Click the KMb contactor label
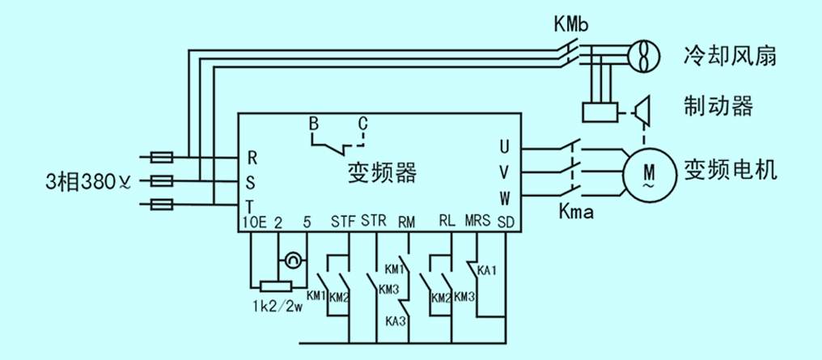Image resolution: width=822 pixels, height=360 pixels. pos(570,25)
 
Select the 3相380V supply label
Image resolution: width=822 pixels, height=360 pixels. pos(89,180)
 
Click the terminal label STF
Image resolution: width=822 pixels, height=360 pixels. pos(343,221)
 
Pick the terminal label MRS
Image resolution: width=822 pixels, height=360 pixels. pos(475,221)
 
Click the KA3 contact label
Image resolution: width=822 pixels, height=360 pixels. pos(395,321)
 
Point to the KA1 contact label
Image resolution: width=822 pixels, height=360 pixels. pos(486,269)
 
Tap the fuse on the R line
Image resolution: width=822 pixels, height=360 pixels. pos(162,156)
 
